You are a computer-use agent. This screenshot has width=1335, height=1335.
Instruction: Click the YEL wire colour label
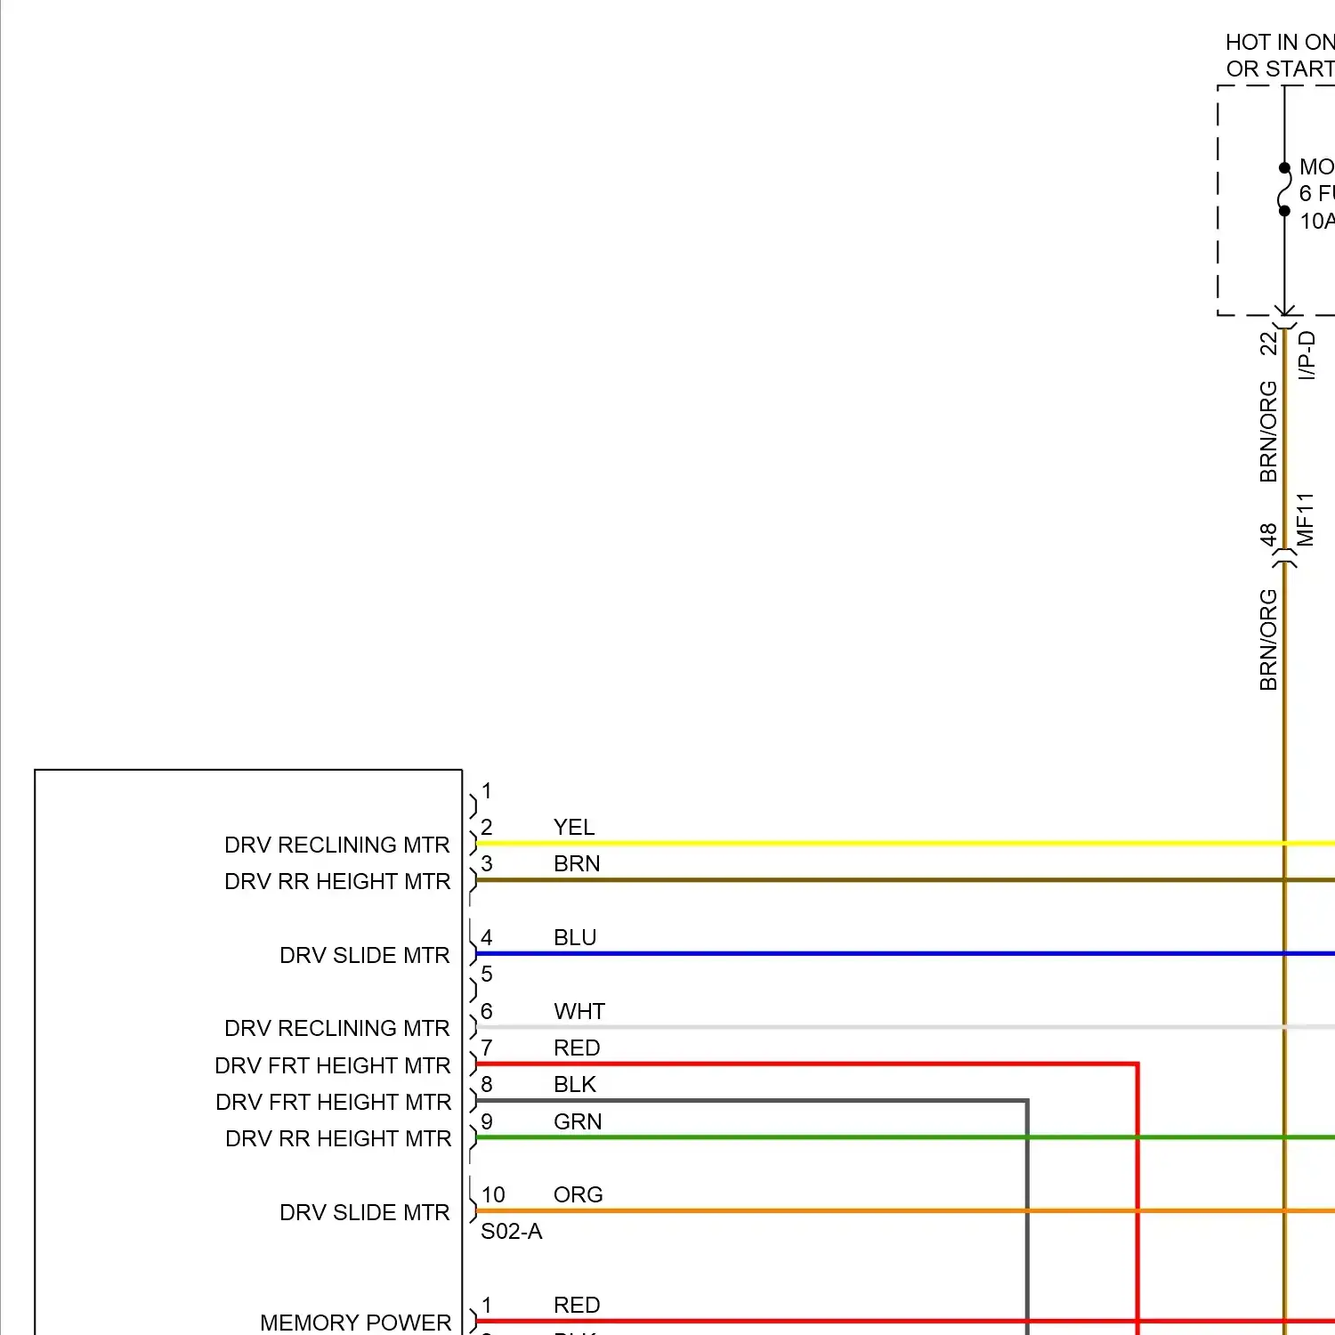point(574,828)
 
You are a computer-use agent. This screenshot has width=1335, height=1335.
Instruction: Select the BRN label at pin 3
point(577,864)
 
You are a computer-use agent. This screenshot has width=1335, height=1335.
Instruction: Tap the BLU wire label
point(575,938)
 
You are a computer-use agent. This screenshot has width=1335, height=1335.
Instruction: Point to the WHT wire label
point(579,1012)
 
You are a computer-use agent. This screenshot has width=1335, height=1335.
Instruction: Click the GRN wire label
point(578,1122)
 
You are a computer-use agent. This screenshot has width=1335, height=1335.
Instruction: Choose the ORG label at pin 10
point(578,1195)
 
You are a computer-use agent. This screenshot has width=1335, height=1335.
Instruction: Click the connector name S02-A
point(511,1232)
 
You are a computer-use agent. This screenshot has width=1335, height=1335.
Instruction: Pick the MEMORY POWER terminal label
point(355,1323)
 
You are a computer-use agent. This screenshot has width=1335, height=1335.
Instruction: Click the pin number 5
point(487,975)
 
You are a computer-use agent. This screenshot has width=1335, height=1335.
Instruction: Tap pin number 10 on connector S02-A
point(493,1195)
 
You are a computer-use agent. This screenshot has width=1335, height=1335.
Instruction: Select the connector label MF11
point(1306,520)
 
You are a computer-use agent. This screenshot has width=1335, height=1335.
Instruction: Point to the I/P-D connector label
point(1307,355)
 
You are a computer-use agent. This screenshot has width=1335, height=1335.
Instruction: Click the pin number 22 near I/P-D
point(1268,344)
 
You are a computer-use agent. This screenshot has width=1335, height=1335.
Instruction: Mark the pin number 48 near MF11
point(1268,535)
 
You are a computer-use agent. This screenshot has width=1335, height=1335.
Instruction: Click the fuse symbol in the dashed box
point(1284,190)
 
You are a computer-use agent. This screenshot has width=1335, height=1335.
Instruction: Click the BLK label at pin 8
point(575,1085)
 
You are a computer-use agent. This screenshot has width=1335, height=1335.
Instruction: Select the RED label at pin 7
point(577,1048)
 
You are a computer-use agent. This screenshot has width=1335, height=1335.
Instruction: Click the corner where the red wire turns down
point(1137,1064)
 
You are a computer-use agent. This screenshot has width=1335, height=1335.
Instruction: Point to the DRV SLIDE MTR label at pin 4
point(364,956)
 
